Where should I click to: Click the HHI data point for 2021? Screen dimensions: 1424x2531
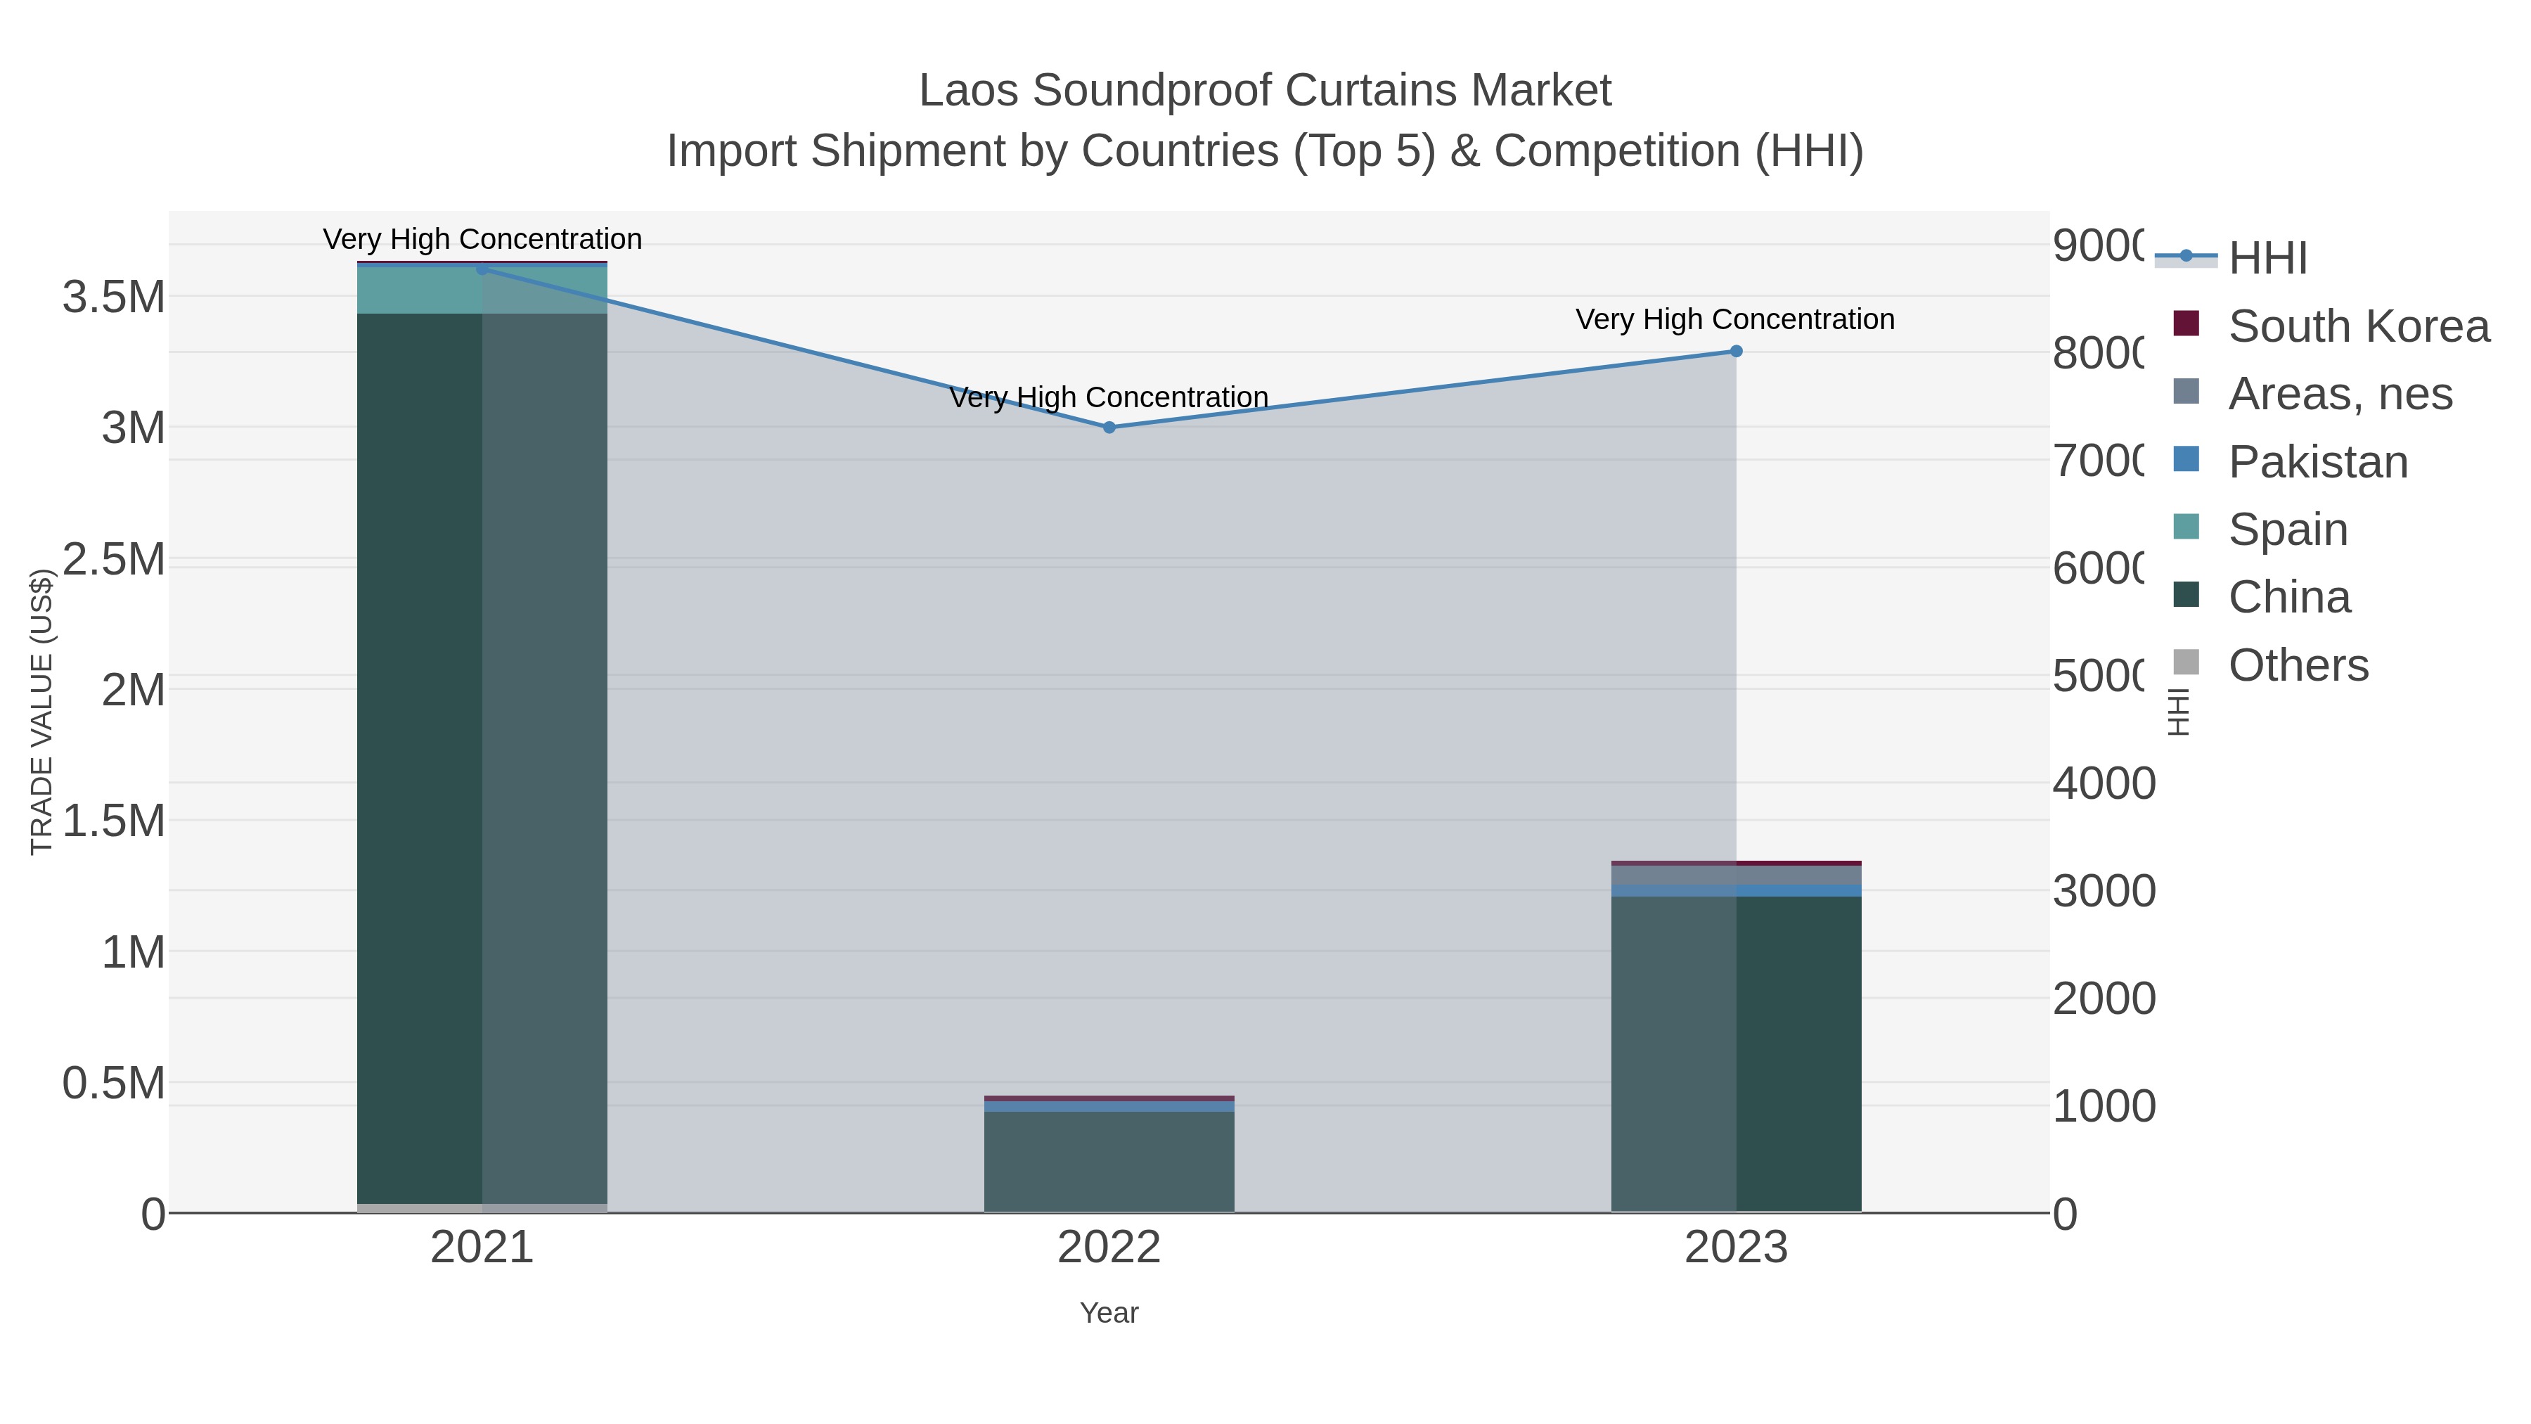(482, 269)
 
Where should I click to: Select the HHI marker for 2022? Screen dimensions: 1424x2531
(1109, 428)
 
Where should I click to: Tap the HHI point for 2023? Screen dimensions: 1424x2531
(1736, 351)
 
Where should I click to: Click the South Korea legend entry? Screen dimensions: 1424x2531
(2358, 326)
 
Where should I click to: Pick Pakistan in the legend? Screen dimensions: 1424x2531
(2318, 462)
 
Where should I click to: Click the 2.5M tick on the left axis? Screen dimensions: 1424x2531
(114, 559)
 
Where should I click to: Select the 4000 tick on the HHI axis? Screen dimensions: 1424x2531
(2104, 784)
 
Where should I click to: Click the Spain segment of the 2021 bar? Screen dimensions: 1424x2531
(482, 290)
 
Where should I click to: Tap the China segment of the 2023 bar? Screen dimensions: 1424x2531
(1736, 1051)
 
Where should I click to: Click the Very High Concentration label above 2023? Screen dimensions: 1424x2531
(1735, 319)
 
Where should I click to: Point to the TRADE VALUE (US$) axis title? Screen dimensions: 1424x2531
(41, 712)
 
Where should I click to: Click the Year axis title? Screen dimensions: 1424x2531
(1109, 1313)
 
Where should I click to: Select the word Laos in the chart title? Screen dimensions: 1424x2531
(969, 91)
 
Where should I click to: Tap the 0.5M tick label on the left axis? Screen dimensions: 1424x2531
(114, 1083)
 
